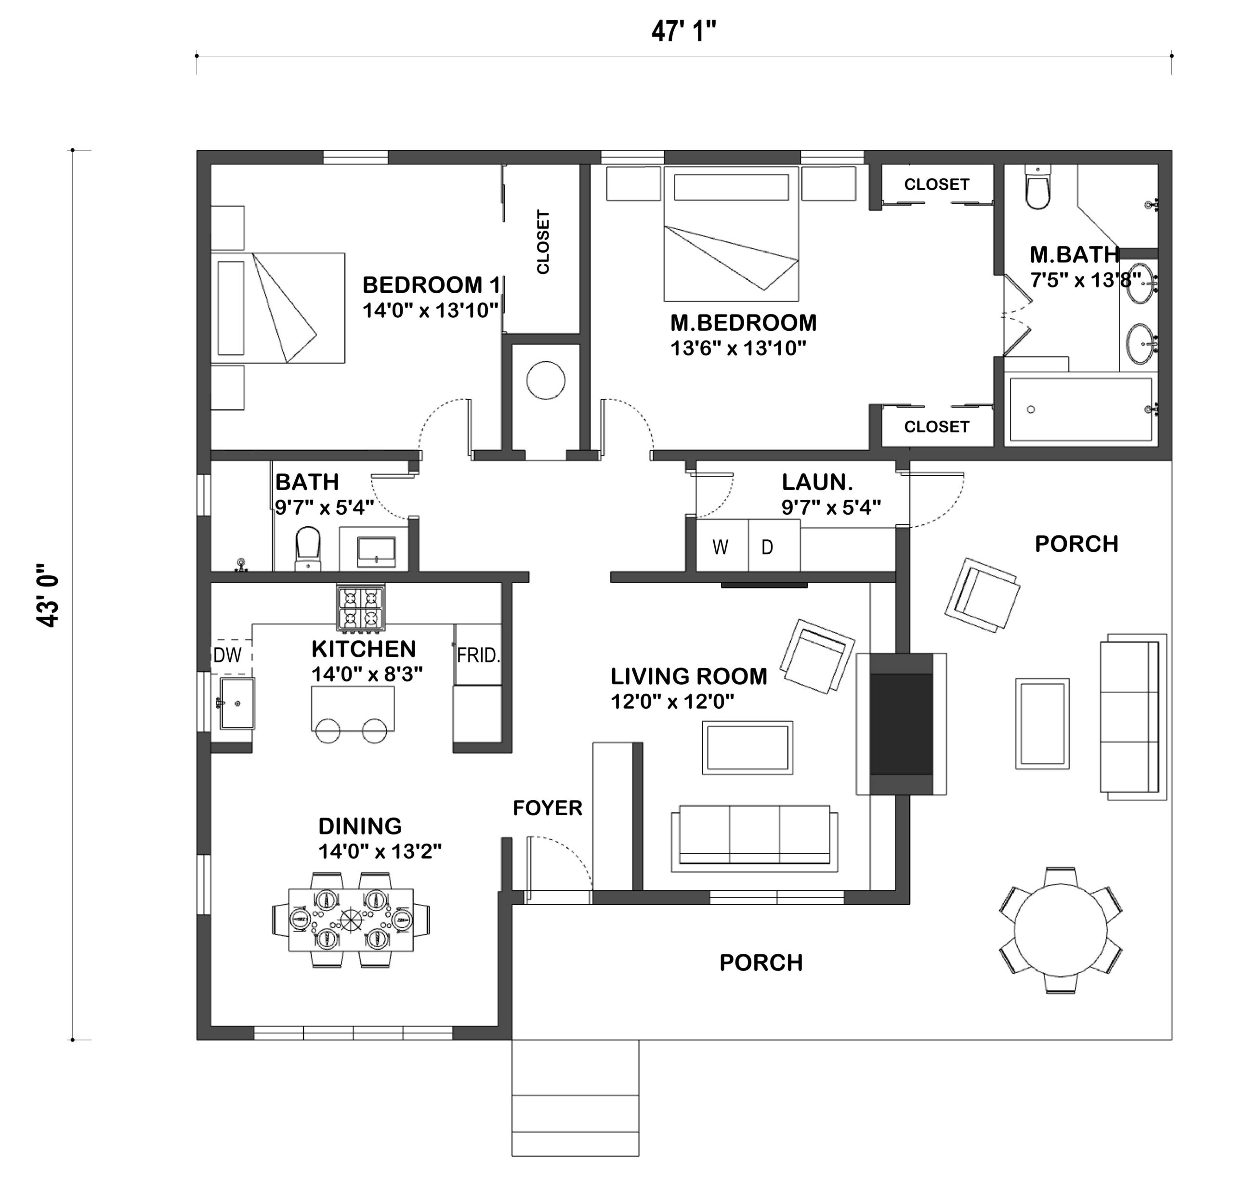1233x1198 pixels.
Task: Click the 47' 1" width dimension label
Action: click(683, 31)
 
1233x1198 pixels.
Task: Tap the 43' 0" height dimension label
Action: click(48, 595)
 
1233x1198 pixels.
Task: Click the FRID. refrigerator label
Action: click(478, 656)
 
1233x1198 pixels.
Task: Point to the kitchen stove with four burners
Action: click(361, 609)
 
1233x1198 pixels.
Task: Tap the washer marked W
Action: click(721, 546)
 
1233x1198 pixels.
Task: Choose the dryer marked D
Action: click(774, 546)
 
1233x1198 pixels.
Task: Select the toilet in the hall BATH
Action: click(308, 548)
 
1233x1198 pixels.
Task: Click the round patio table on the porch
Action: click(1061, 929)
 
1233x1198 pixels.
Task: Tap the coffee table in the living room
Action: click(748, 747)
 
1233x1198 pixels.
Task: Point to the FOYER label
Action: click(548, 808)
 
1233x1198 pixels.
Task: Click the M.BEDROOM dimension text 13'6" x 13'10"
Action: click(738, 348)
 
